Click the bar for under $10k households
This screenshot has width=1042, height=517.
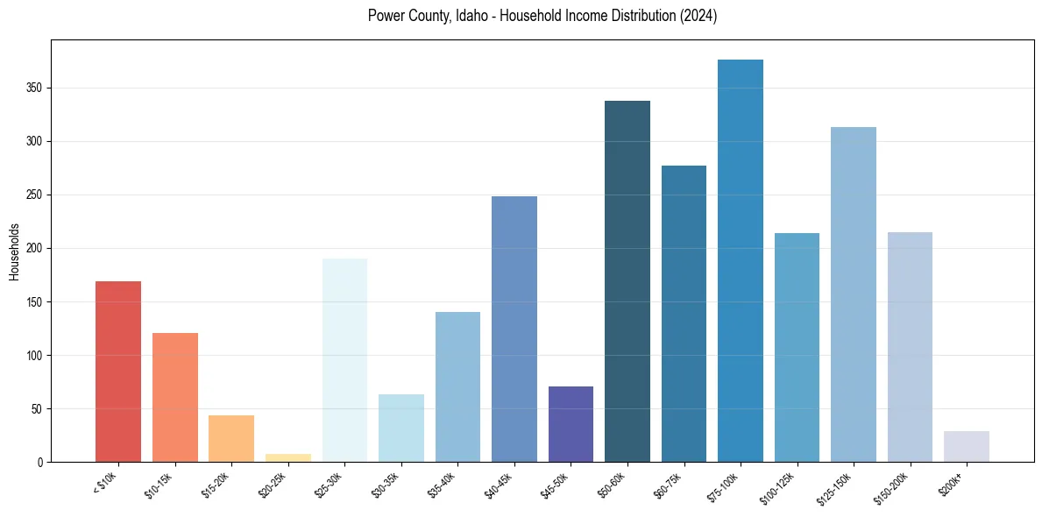coord(118,372)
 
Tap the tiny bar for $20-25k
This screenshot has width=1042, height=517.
coord(288,457)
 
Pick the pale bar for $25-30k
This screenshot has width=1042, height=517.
coord(344,360)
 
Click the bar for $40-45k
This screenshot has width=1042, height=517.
coord(514,329)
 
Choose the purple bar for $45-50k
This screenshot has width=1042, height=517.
coord(571,424)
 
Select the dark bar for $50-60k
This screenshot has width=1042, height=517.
coord(627,281)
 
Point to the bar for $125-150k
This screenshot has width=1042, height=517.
coord(854,294)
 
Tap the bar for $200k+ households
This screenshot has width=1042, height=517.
coord(967,446)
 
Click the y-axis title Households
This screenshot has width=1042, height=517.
coord(15,251)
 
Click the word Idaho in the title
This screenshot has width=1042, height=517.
coord(474,16)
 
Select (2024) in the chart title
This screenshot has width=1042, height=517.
coord(697,16)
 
